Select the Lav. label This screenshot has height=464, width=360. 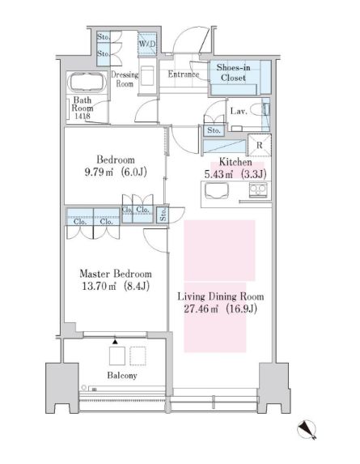click(238, 110)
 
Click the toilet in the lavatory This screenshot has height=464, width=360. click(258, 110)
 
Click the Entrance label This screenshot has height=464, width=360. click(184, 74)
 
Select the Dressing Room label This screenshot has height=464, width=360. click(126, 79)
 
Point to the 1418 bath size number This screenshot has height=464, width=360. click(84, 117)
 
